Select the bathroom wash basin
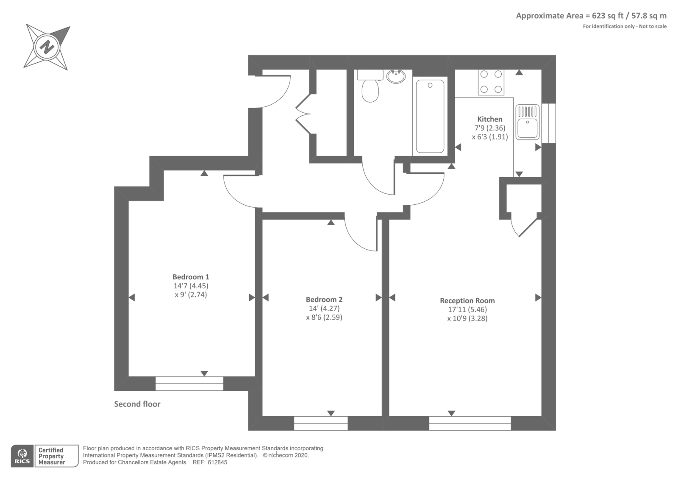point(396,76)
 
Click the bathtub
point(430,116)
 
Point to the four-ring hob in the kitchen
point(491,82)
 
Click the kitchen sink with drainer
point(528,122)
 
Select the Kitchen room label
point(490,119)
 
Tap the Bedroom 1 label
point(191,277)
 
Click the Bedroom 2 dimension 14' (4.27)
point(324,309)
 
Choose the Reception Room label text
point(467,301)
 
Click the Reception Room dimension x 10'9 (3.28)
point(467,318)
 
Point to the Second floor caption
point(137,404)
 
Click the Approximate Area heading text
point(591,16)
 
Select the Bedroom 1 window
point(189,383)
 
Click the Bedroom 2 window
point(321,423)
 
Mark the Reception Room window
point(470,423)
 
